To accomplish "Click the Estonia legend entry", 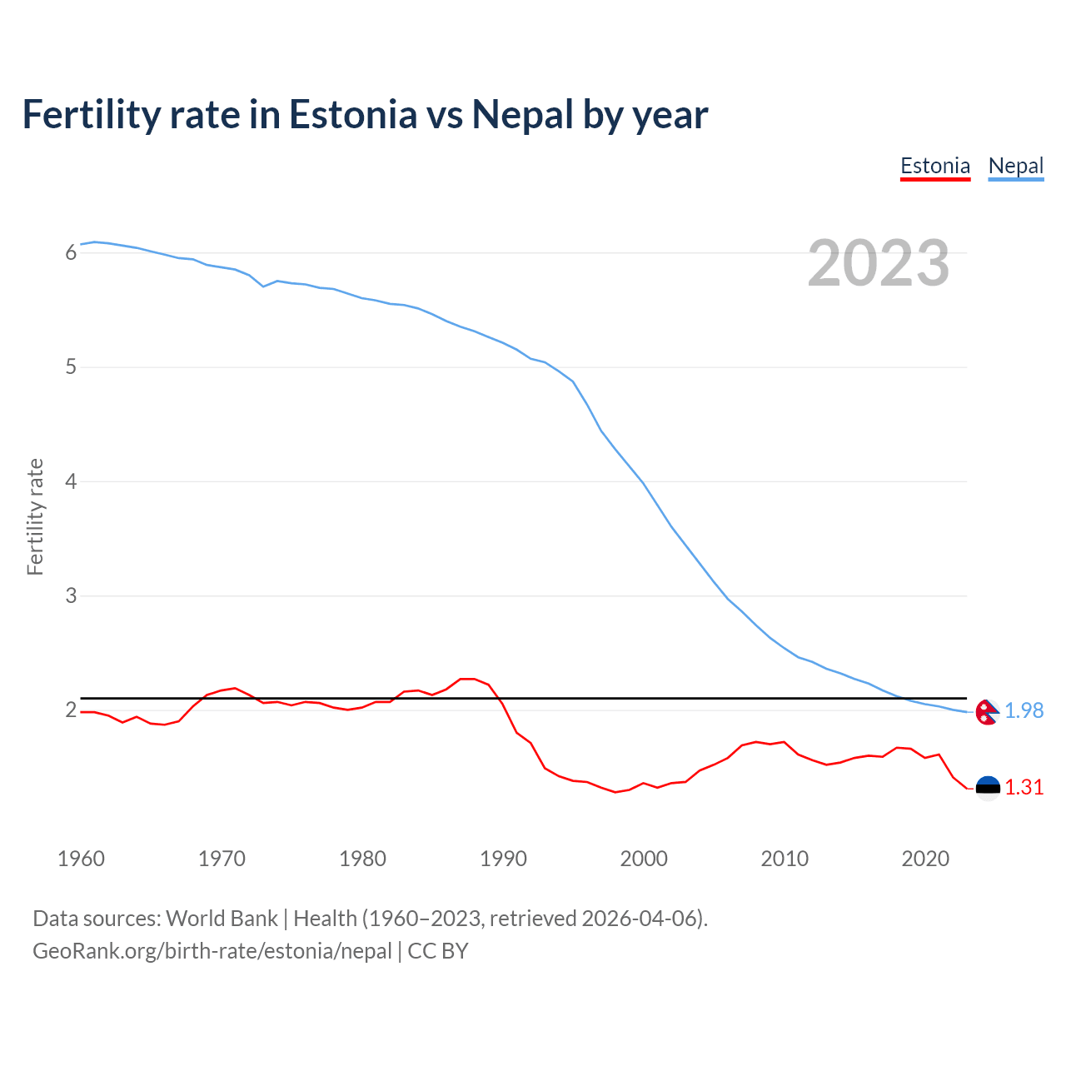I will pyautogui.click(x=935, y=166).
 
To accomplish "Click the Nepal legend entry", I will pyautogui.click(x=1015, y=166).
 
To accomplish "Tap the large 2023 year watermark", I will pyautogui.click(x=879, y=263).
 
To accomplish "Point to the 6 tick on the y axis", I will pyautogui.click(x=71, y=252).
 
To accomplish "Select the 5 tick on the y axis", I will pyautogui.click(x=71, y=367).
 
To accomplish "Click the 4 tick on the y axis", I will pyautogui.click(x=71, y=481).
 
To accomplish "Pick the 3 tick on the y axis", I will pyautogui.click(x=71, y=596).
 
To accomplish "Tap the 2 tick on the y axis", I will pyautogui.click(x=71, y=710).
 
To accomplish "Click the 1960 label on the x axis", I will pyautogui.click(x=81, y=859).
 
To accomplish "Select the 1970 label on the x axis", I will pyautogui.click(x=222, y=859).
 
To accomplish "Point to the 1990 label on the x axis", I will pyautogui.click(x=503, y=859).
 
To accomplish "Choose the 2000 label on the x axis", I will pyautogui.click(x=644, y=859).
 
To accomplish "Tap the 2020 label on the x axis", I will pyautogui.click(x=925, y=859).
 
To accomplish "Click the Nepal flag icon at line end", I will pyautogui.click(x=987, y=712).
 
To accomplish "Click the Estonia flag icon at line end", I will pyautogui.click(x=988, y=788).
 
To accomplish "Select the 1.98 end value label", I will pyautogui.click(x=1024, y=711).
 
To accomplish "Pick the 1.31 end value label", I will pyautogui.click(x=1024, y=788).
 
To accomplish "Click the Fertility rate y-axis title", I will pyautogui.click(x=35, y=516).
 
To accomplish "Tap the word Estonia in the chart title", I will pyautogui.click(x=353, y=115).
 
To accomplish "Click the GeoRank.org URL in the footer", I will pyautogui.click(x=212, y=951).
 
